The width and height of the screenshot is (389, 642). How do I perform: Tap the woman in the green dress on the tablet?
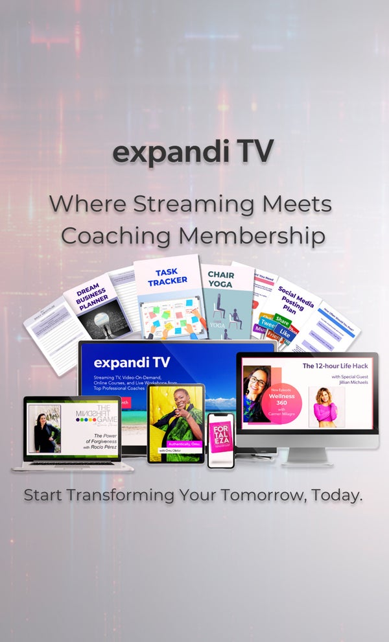[x=175, y=415]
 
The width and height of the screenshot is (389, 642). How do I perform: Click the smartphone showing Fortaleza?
[x=220, y=439]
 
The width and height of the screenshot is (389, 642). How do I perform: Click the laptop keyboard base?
[x=73, y=465]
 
